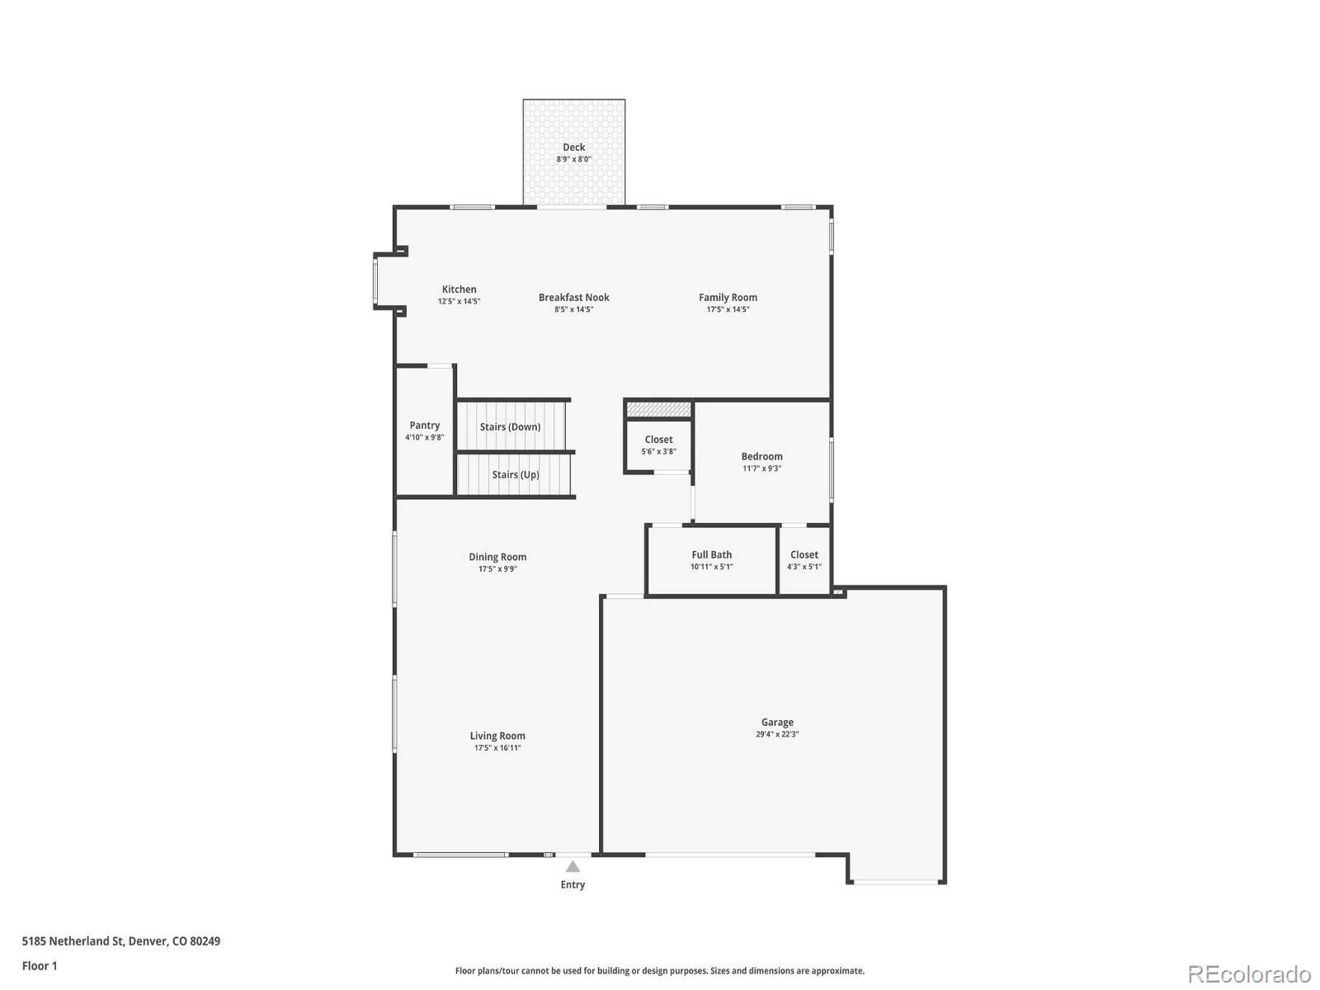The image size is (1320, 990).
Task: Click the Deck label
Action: coord(573,147)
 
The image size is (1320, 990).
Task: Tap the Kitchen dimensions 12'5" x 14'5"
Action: coord(459,302)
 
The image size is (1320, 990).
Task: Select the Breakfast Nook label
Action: coord(573,297)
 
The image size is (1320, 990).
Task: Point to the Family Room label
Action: coord(728,297)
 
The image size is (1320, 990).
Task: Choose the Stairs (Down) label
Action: coord(510,427)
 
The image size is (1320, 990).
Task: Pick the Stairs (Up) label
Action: coord(516,474)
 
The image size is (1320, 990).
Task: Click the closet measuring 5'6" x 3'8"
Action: coord(658,445)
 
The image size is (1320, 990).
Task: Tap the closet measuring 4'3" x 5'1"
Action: coord(804,560)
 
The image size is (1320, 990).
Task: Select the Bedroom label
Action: coord(761,456)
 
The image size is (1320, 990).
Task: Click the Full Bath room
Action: coord(711,560)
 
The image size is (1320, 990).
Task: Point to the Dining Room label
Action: coord(497,557)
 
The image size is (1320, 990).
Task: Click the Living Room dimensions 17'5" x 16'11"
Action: coord(497,748)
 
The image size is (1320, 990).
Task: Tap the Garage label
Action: coord(777,722)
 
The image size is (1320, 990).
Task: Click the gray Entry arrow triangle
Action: coord(573,867)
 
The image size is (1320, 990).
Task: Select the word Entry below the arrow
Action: coord(573,884)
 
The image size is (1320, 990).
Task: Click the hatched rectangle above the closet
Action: coord(658,409)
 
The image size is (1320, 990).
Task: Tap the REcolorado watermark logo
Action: coord(1249,974)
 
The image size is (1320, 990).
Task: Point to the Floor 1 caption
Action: coord(40,965)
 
